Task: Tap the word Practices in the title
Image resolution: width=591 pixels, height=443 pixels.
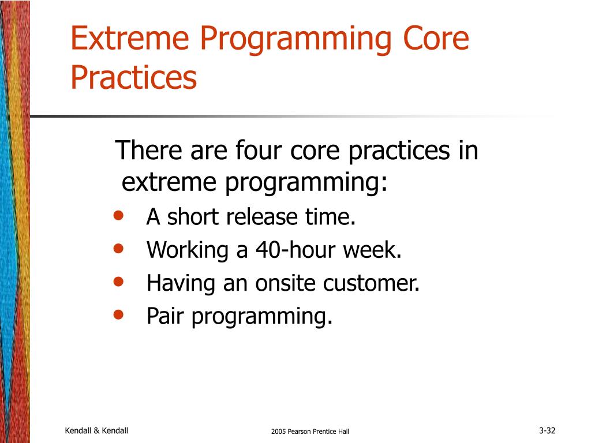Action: tap(134, 77)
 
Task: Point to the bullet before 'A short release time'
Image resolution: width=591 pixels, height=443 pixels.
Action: tap(118, 216)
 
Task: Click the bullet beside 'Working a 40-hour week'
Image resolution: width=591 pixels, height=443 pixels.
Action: tap(118, 248)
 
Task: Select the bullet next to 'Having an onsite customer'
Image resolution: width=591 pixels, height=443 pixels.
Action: tap(118, 281)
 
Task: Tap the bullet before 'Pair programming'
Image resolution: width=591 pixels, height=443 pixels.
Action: tap(118, 314)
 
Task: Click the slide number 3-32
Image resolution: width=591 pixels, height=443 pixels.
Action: tap(547, 430)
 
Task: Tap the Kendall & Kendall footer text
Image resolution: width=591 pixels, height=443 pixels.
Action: tap(96, 430)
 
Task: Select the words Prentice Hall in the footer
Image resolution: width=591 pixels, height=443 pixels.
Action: tap(333, 431)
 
